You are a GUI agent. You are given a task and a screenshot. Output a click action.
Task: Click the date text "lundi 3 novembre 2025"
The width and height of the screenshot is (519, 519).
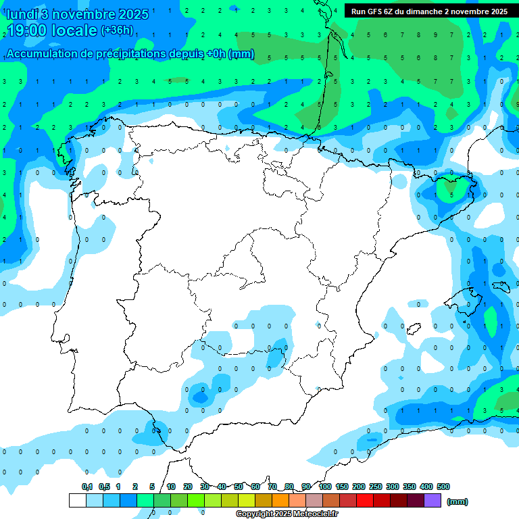(77, 14)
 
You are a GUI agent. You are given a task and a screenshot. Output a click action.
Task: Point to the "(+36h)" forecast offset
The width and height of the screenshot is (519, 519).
(117, 30)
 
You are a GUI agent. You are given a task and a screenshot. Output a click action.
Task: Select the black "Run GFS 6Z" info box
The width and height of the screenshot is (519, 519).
(430, 11)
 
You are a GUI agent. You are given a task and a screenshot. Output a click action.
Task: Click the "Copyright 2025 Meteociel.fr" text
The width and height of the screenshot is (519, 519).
(287, 514)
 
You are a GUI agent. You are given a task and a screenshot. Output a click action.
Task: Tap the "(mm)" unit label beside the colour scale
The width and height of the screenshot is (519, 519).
(458, 501)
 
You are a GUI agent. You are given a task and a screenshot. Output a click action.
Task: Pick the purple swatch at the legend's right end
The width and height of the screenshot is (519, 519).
(432, 501)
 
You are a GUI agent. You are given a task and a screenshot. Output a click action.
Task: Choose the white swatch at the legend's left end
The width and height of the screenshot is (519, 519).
(77, 501)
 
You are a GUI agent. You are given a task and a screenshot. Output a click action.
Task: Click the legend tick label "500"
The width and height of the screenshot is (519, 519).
(443, 487)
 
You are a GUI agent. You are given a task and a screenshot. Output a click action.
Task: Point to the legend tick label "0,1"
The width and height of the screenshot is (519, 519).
(87, 487)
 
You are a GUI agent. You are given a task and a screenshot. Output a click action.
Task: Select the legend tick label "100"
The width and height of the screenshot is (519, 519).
(325, 487)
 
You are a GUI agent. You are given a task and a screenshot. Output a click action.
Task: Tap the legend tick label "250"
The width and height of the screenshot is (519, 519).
(376, 487)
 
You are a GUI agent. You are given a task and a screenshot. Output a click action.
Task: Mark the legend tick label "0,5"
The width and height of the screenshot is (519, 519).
(104, 487)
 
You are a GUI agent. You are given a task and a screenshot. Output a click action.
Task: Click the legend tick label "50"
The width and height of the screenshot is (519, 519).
(239, 487)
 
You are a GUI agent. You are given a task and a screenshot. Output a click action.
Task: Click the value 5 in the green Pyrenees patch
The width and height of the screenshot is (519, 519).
(452, 195)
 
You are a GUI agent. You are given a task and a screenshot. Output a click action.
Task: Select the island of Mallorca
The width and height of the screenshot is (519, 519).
(467, 297)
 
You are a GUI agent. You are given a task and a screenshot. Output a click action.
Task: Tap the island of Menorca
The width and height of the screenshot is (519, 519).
(500, 286)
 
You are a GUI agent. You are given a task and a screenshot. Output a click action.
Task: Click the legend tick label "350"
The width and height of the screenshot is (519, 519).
(410, 487)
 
